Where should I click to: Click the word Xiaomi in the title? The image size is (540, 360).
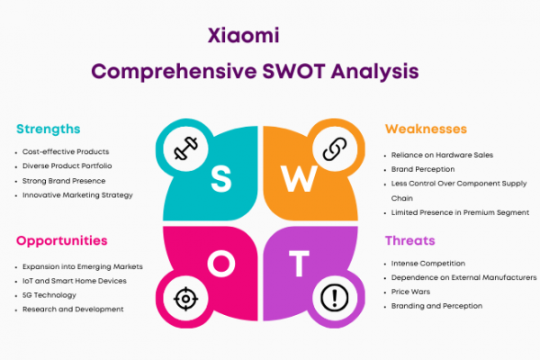pos(244,35)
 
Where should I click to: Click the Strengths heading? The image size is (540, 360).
pos(49,130)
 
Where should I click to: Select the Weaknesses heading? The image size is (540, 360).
pos(426,129)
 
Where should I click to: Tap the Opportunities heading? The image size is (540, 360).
pos(62,241)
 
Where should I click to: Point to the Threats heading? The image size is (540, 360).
pos(410,240)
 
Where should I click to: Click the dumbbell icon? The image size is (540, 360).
pos(186,148)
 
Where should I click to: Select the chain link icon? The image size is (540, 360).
pos(335,148)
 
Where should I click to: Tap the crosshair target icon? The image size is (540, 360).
pos(185,299)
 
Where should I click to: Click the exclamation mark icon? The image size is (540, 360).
pos(335,298)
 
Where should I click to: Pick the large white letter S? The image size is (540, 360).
pos(221,178)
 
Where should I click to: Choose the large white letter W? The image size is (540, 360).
pos(299,178)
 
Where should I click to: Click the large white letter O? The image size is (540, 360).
pos(221,264)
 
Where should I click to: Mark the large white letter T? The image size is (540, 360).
pos(299,264)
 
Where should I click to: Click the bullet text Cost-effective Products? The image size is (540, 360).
pos(66,151)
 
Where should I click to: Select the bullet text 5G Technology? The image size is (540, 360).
pos(49,295)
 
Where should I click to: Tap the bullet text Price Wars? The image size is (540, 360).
pos(410,292)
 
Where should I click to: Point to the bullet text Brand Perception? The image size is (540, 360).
pos(423,169)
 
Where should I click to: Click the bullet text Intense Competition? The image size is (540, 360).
pos(428,264)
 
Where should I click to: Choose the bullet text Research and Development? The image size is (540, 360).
pos(73,310)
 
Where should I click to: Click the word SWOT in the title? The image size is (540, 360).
pos(293,71)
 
